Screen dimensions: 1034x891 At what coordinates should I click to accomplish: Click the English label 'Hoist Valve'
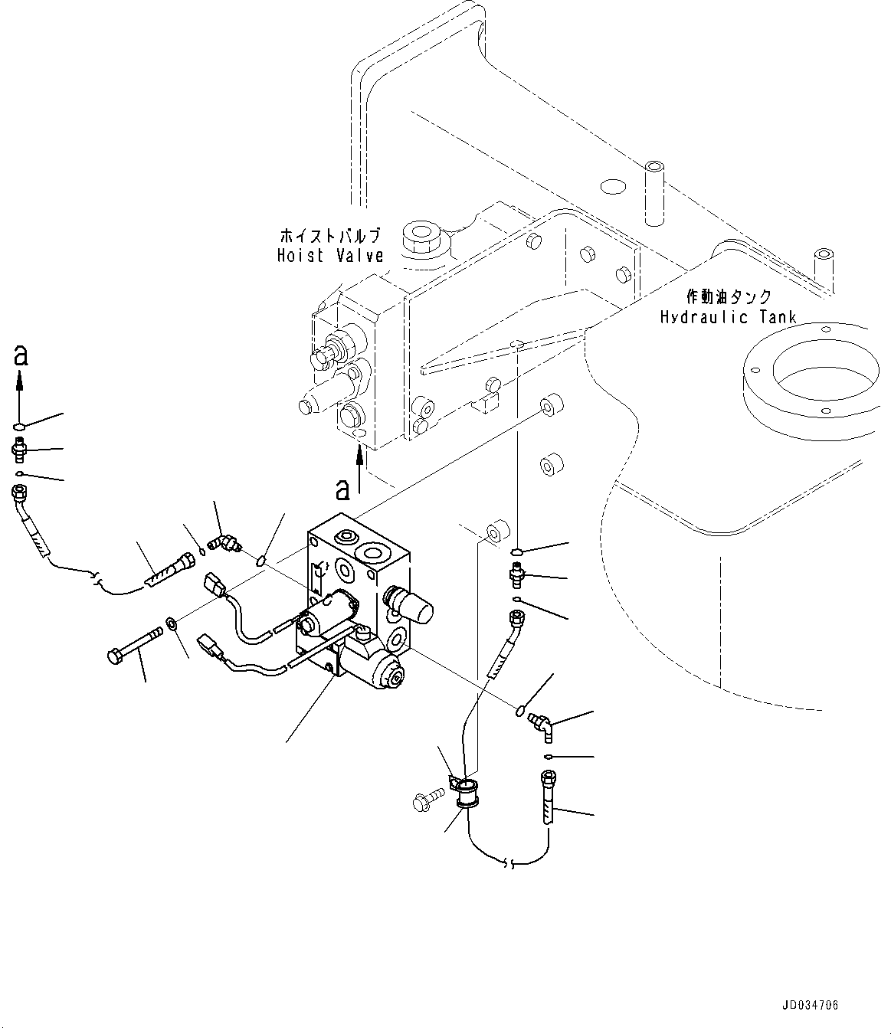click(330, 256)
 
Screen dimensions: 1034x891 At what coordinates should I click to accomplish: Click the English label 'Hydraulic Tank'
click(728, 316)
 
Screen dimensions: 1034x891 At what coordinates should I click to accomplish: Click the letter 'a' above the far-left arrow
click(21, 354)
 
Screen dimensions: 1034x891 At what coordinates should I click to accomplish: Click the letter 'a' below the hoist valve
click(344, 487)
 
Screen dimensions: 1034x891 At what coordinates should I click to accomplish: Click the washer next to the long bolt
click(173, 626)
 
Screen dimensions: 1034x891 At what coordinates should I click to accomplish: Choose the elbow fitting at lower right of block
click(543, 725)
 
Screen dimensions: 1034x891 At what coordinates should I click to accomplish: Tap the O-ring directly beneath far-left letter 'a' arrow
click(20, 427)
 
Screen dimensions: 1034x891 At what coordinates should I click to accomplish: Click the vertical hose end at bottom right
click(549, 800)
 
